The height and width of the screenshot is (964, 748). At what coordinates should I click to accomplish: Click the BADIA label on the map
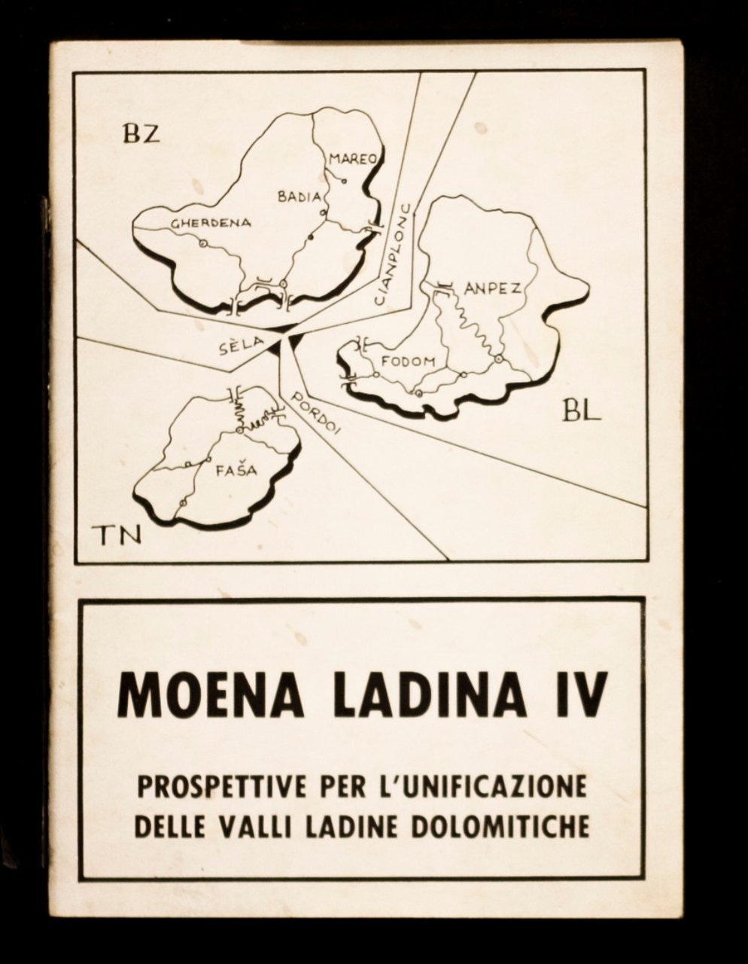(x=300, y=197)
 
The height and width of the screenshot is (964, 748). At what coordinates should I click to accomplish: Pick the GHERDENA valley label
(x=211, y=223)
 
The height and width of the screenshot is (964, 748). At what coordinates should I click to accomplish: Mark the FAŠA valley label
(x=235, y=471)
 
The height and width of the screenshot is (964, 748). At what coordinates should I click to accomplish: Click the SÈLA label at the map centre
(x=241, y=343)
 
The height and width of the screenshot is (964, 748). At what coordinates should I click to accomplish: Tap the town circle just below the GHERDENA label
(x=202, y=243)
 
